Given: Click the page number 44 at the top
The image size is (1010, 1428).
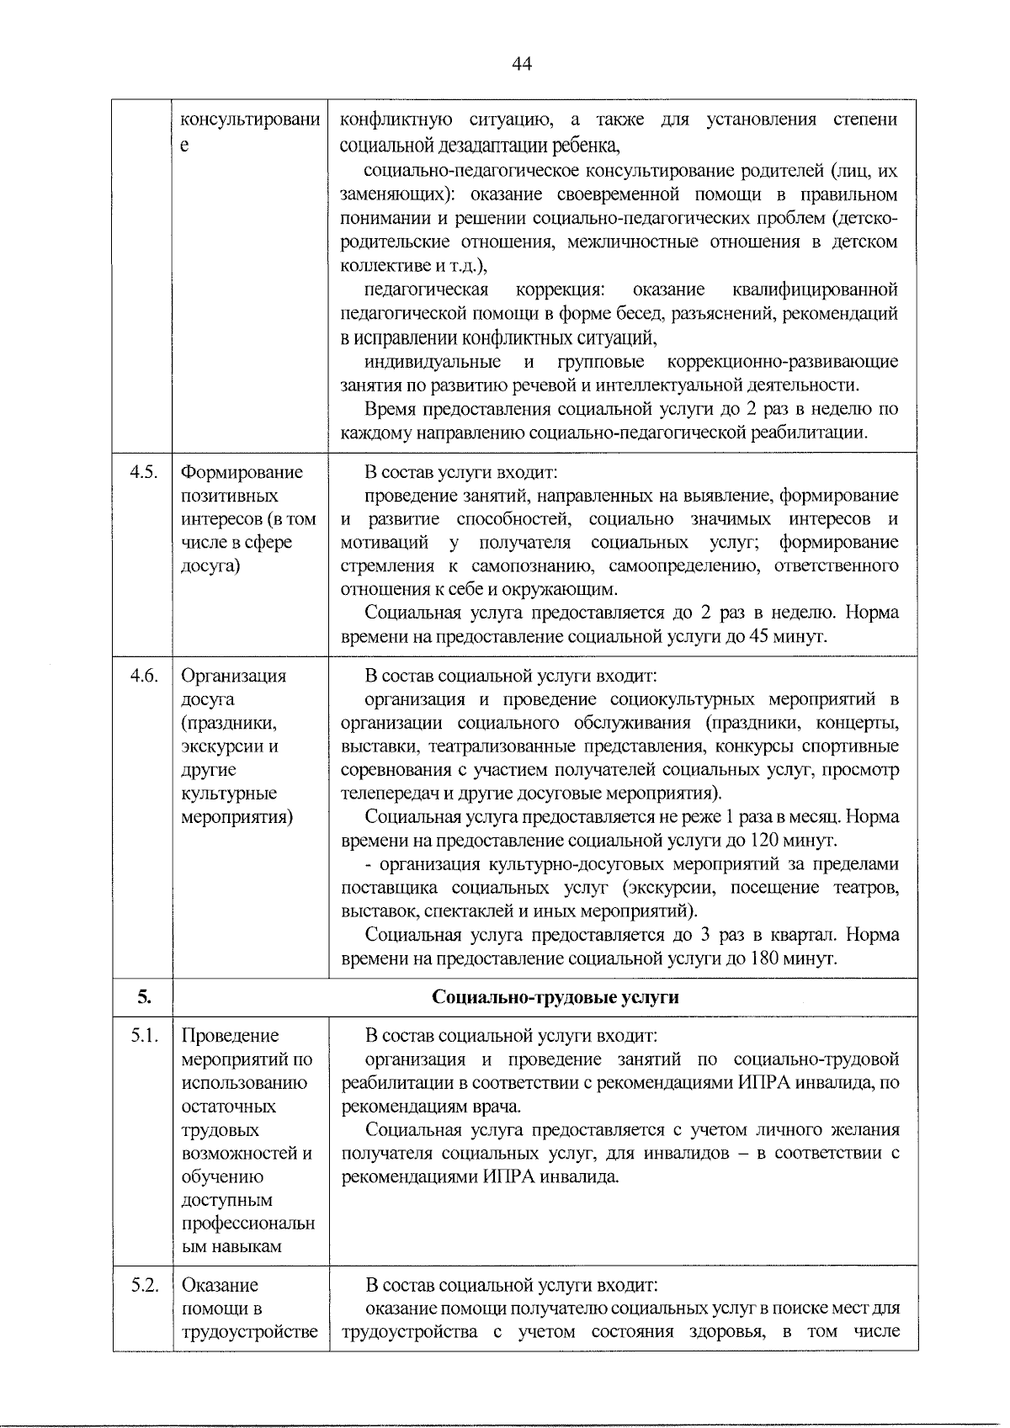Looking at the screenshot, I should (522, 64).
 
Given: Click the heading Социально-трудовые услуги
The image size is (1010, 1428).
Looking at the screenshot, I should (555, 997).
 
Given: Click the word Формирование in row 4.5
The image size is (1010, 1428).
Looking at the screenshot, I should (242, 472).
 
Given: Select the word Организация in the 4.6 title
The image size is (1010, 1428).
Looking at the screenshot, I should (234, 676).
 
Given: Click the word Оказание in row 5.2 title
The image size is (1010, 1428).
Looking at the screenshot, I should (221, 1285).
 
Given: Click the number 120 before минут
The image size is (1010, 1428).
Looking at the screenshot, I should (766, 841).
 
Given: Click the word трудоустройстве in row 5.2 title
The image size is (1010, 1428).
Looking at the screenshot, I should (250, 1332).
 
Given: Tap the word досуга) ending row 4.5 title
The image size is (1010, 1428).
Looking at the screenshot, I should (210, 566).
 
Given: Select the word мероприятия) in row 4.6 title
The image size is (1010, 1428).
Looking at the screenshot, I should (237, 817).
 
